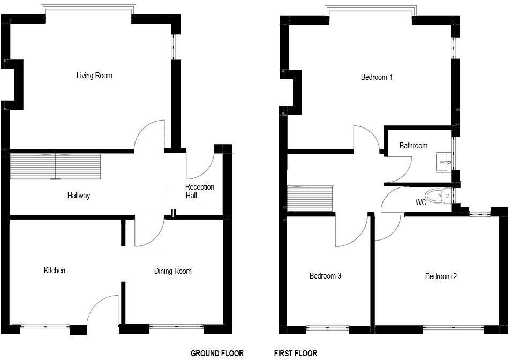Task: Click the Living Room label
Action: coord(94,76)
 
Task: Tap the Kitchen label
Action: coord(55,271)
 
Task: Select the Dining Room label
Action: coord(172,271)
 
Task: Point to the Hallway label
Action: coord(79,196)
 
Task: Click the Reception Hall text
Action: coord(199,191)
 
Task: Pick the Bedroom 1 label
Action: coord(377,77)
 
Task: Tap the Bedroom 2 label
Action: coord(441,276)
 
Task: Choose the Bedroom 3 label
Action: coord(325,276)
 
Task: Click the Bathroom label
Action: coord(414,146)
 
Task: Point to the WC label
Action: coord(421,203)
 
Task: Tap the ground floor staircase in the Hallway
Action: coord(56,166)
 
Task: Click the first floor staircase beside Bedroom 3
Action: coord(310,199)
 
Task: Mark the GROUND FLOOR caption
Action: coord(217,354)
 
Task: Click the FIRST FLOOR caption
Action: coord(296,354)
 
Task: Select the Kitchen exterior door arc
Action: coord(101,311)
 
